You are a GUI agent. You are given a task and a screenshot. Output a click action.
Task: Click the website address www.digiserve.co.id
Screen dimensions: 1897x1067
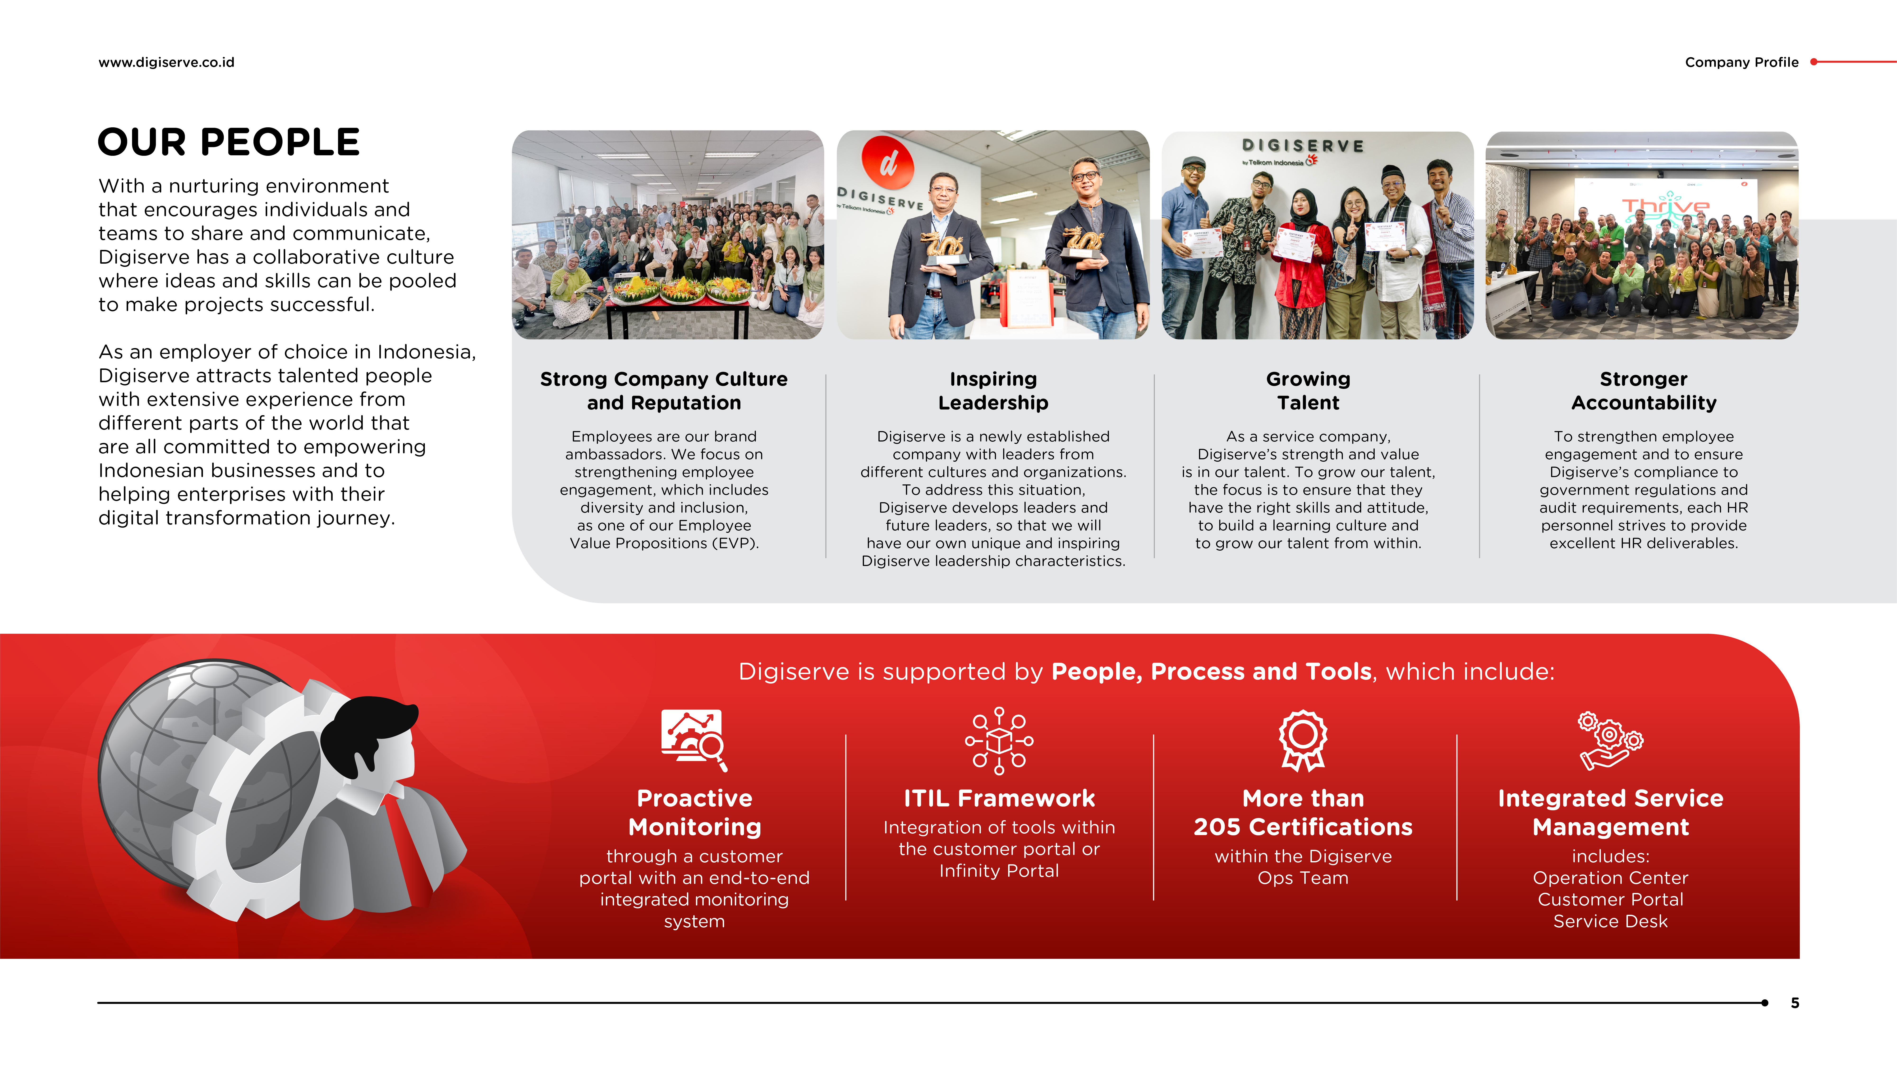coord(166,63)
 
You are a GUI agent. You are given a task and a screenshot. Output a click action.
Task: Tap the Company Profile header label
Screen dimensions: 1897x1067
coord(1742,63)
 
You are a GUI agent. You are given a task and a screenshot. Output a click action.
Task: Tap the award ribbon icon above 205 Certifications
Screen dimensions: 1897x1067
coord(1303,741)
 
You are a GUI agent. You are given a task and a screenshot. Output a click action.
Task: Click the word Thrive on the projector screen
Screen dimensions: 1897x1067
coord(1666,205)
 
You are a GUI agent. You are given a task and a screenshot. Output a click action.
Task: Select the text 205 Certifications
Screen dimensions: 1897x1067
coord(1303,827)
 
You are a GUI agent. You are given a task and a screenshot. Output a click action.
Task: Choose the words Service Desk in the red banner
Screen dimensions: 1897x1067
coord(1611,921)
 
